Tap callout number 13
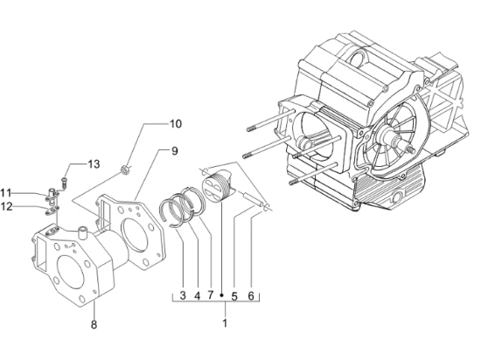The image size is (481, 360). coord(94,164)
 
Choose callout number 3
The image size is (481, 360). coord(183,296)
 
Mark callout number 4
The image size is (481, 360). coord(197,296)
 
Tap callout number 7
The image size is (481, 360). coord(210,296)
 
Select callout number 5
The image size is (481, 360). coord(234,296)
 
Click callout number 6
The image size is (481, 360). coord(251,296)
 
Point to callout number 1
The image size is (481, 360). coord(225,323)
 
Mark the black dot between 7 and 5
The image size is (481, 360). coord(222,296)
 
